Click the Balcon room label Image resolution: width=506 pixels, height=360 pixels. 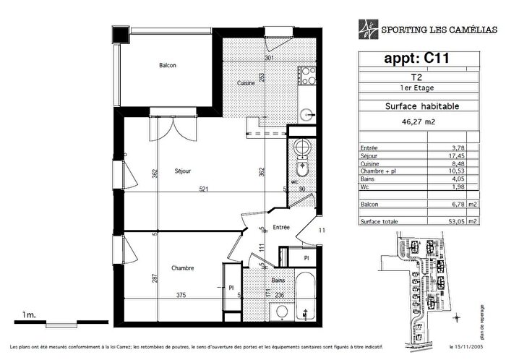coord(168,66)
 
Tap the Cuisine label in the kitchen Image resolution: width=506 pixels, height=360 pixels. coord(246,83)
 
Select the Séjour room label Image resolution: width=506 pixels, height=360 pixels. coord(183,171)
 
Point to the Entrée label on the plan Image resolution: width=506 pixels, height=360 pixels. coord(281,227)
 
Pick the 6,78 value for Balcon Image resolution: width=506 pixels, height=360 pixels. coord(457,205)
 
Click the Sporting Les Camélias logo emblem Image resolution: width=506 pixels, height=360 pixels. coord(368,27)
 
